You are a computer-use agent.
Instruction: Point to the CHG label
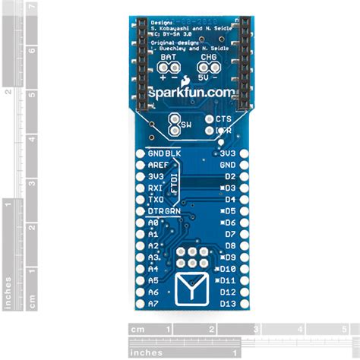click(x=208, y=58)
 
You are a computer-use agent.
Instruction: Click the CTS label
click(x=223, y=119)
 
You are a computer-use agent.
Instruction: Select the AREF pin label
click(x=159, y=164)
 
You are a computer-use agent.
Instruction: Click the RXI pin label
click(x=156, y=188)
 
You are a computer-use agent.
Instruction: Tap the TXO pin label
click(x=156, y=199)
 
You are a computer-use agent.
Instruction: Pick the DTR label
click(x=156, y=210)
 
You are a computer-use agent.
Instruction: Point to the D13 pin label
click(x=227, y=304)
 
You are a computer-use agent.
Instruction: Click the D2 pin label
click(x=229, y=175)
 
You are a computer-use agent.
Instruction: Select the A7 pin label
click(x=153, y=304)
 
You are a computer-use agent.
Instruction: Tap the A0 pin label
click(x=153, y=223)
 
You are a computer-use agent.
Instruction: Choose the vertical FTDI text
click(x=172, y=182)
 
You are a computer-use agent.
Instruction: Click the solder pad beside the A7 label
click(x=139, y=304)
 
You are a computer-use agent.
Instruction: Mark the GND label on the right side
click(x=227, y=164)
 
